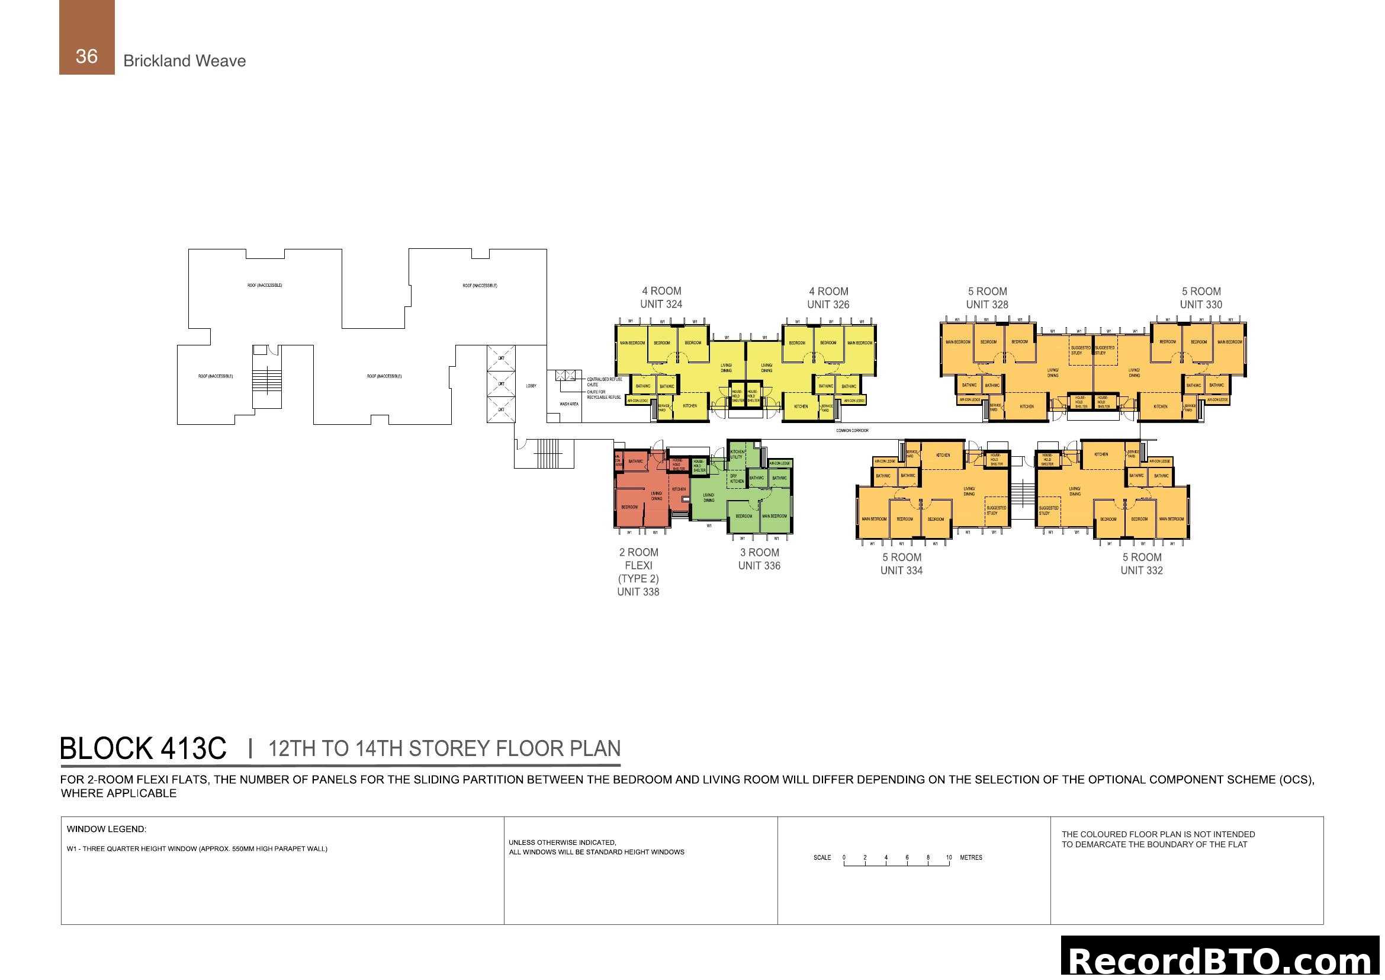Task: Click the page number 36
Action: point(86,56)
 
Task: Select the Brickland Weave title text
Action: point(184,61)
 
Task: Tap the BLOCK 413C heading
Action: point(143,748)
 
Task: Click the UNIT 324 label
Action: point(661,304)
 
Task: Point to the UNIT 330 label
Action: point(1200,305)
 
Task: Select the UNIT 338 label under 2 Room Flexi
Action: point(638,592)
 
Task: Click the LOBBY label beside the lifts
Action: point(531,386)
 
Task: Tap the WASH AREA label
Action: point(569,403)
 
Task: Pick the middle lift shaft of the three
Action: point(501,384)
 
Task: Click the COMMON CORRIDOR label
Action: point(851,431)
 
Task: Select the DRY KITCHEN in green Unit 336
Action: point(737,479)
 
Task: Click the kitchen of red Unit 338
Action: point(679,489)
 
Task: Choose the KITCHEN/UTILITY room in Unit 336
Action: point(737,454)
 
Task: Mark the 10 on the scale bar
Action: point(949,857)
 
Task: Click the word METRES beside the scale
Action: point(971,857)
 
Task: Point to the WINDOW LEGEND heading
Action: point(106,829)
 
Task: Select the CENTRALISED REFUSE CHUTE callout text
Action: point(604,382)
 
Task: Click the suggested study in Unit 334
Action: point(996,511)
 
